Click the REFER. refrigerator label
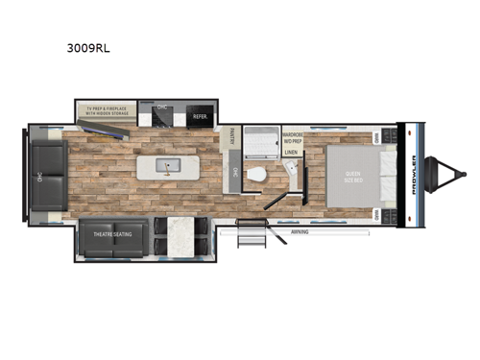pos(200,115)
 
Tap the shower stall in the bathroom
pos(259,142)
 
